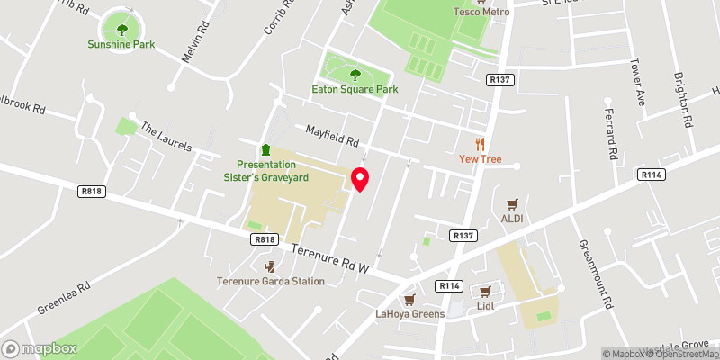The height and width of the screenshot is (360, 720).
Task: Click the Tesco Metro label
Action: point(480,12)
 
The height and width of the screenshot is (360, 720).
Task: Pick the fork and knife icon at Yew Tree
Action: point(480,144)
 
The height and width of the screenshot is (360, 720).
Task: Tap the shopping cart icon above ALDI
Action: point(512,204)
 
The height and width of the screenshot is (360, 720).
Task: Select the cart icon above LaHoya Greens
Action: point(409,299)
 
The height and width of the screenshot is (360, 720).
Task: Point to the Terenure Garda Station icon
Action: point(270,265)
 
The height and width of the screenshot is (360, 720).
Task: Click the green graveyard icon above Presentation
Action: point(265,148)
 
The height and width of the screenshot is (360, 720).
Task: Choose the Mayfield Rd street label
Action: point(332,136)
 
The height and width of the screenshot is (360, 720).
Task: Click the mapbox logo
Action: point(40,348)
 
